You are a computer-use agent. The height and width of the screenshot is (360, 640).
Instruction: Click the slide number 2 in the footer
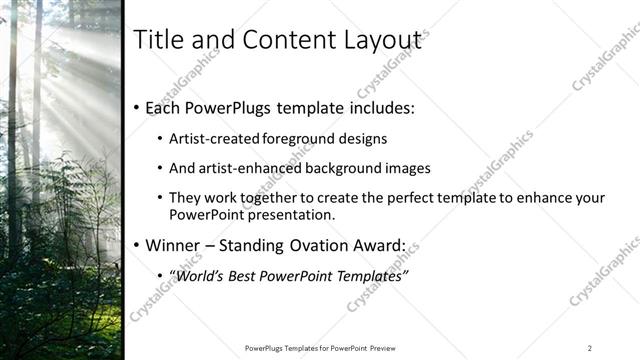pyautogui.click(x=589, y=348)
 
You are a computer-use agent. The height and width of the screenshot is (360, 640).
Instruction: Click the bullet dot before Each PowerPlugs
pyautogui.click(x=137, y=108)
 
